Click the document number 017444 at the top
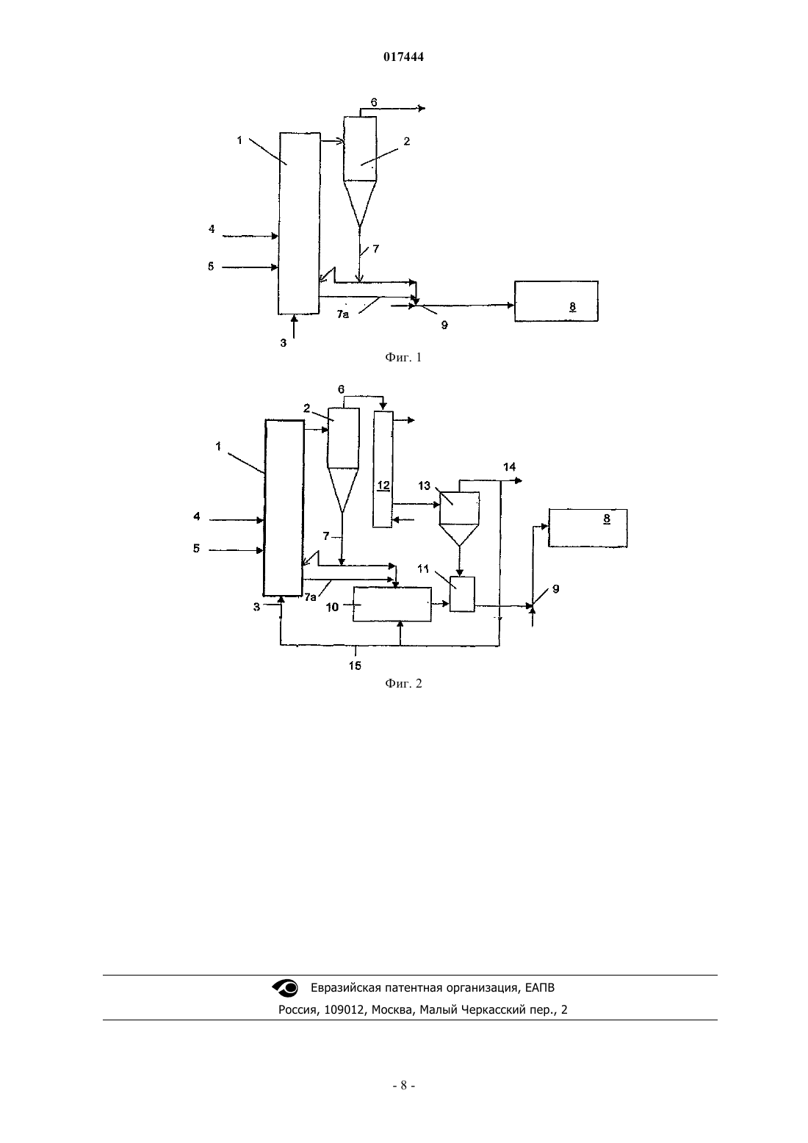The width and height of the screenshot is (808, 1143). [403, 57]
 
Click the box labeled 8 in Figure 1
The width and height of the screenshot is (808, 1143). [556, 301]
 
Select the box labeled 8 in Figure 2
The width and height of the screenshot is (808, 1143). [588, 528]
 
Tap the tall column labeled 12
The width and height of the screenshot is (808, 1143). [383, 469]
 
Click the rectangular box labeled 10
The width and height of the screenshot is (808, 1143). [392, 604]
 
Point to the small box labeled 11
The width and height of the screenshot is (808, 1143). [462, 594]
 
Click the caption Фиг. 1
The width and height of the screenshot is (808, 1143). [403, 357]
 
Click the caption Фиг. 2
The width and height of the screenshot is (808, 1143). [403, 683]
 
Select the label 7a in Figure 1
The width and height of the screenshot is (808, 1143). [343, 315]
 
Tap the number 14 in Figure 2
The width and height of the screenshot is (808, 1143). [509, 466]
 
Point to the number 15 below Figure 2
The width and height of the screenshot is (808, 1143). [355, 666]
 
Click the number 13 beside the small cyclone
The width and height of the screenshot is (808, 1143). [425, 486]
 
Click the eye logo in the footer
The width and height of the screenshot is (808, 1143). [285, 988]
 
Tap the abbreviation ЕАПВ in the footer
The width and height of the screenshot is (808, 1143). [540, 988]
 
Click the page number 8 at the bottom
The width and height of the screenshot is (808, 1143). [403, 1086]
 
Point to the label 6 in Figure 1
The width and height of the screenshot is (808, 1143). [374, 103]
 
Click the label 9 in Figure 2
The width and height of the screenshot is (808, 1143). [556, 589]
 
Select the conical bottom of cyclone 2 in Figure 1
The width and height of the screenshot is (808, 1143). [360, 201]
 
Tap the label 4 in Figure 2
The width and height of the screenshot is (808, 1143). [197, 516]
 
